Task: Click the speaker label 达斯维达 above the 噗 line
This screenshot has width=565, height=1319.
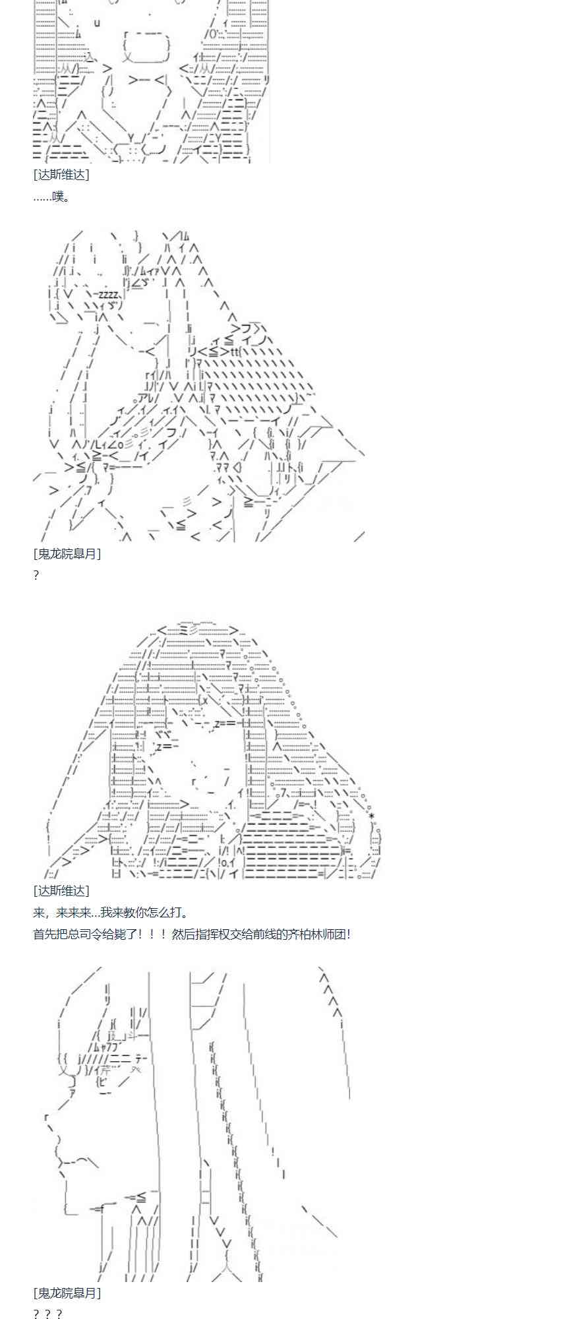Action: click(x=61, y=175)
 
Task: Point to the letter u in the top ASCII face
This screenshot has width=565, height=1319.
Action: click(x=97, y=23)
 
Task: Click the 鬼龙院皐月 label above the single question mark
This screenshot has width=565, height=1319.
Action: click(x=67, y=554)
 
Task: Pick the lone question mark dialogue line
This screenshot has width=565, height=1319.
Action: click(x=36, y=575)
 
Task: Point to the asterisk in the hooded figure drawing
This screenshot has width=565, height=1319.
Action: click(x=372, y=816)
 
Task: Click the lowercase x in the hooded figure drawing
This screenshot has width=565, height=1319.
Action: click(x=205, y=700)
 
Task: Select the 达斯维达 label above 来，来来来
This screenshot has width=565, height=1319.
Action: click(x=61, y=891)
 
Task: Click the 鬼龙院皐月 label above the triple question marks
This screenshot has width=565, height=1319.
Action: click(x=67, y=1293)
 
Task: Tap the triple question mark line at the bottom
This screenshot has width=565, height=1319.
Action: click(x=47, y=1313)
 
